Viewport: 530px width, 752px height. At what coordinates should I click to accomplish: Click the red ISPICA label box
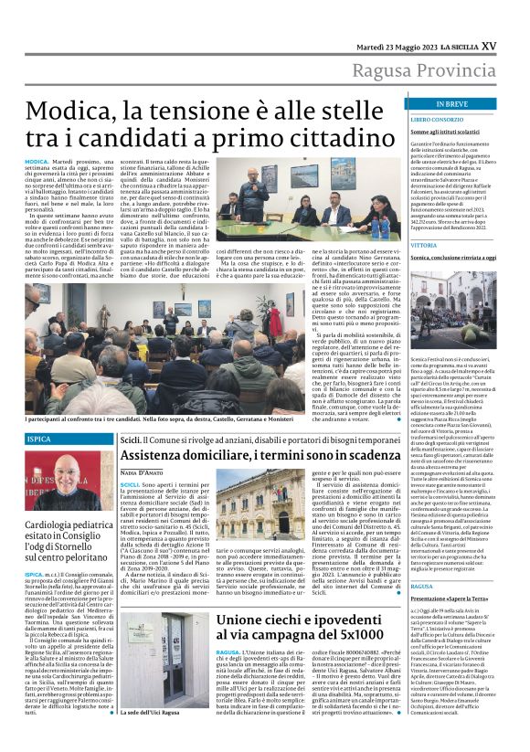click(40, 440)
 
